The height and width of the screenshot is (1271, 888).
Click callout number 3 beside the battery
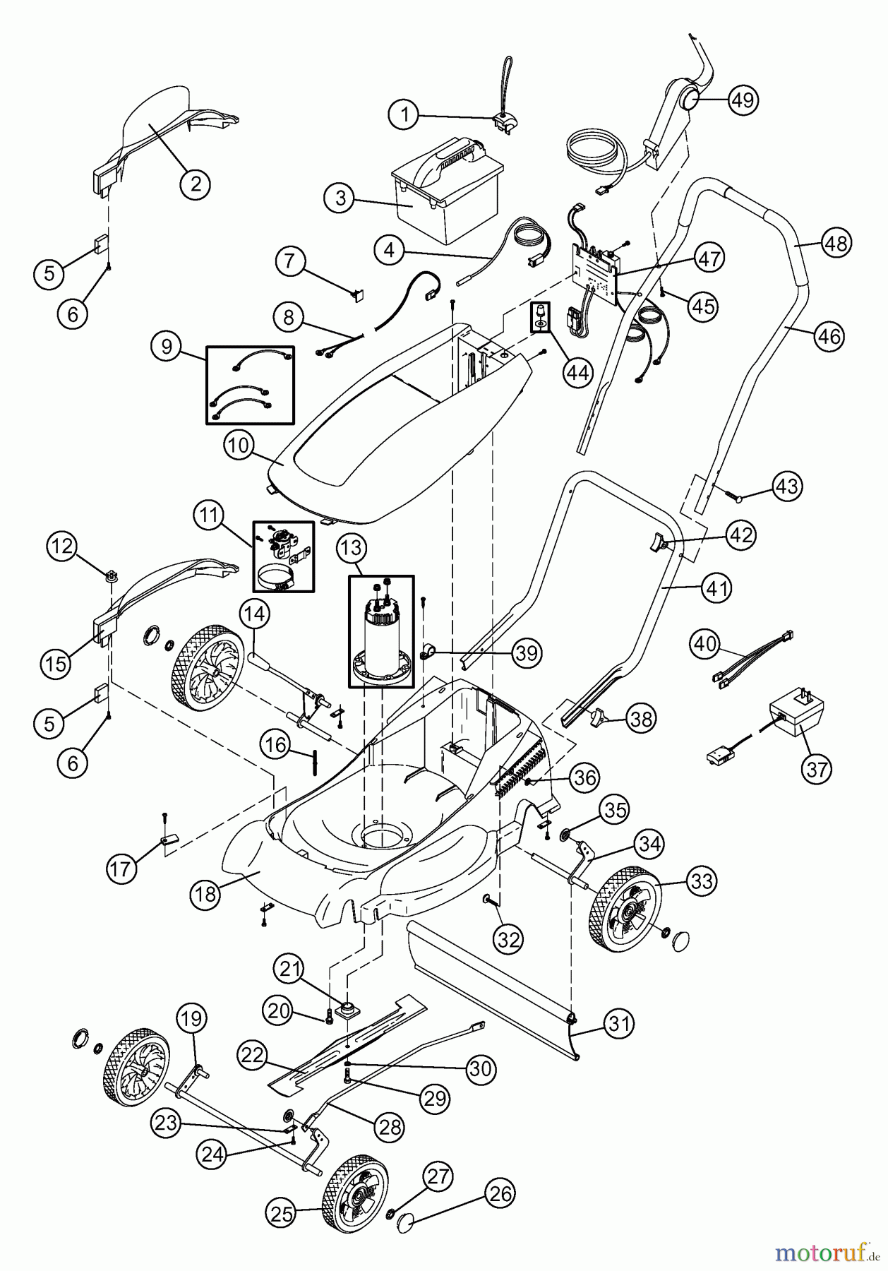coord(341,198)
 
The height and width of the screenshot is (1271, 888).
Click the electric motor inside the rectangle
coord(382,639)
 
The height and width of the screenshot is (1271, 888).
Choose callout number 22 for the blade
coord(253,1056)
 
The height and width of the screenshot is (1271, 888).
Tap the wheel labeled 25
coord(355,1193)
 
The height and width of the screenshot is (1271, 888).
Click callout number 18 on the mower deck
coord(205,893)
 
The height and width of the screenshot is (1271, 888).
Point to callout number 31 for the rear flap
coord(619,1023)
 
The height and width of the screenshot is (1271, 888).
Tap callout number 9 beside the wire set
coord(167,347)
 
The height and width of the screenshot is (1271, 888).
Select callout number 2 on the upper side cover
coord(196,184)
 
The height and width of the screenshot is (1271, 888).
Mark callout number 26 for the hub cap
coord(500,1193)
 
